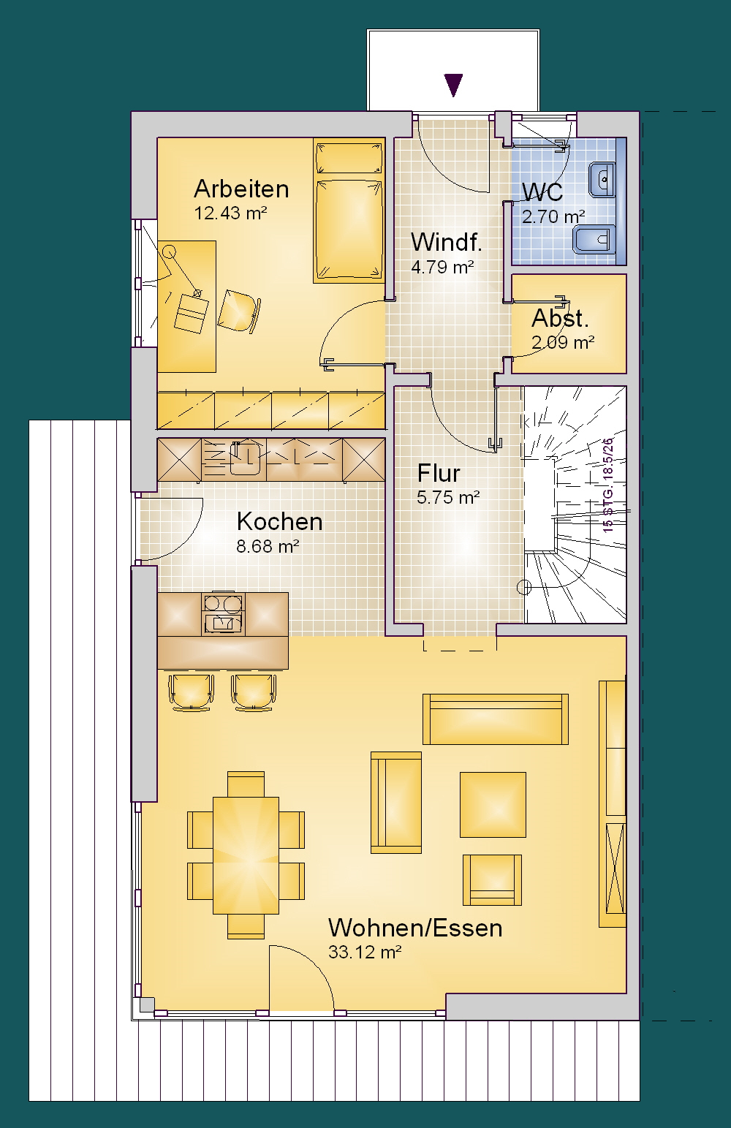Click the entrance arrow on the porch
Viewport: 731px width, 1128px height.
click(x=453, y=85)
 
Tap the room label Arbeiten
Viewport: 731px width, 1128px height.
click(x=242, y=189)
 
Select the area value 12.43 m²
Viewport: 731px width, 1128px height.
click(x=230, y=213)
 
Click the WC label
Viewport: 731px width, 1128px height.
click(x=542, y=192)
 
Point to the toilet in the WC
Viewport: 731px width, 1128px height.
click(x=594, y=239)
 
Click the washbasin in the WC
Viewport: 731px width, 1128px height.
click(x=602, y=179)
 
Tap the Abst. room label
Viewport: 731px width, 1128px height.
click(x=561, y=318)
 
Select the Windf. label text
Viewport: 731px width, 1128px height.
click(x=447, y=242)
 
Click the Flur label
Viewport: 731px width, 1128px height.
click(x=439, y=474)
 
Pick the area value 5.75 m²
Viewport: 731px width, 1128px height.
click(x=448, y=498)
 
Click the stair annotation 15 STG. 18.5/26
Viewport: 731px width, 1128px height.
click(x=608, y=485)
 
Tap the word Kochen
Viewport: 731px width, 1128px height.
click(x=279, y=522)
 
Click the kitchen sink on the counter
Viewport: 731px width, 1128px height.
click(x=245, y=458)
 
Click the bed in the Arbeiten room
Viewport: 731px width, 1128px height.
click(x=349, y=211)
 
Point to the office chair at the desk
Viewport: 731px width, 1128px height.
click(x=238, y=311)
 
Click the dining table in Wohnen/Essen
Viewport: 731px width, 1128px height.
click(x=246, y=855)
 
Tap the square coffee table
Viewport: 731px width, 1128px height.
click(x=493, y=805)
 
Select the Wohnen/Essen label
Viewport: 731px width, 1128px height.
click(x=415, y=928)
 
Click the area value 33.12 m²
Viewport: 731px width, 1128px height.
click(x=365, y=953)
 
